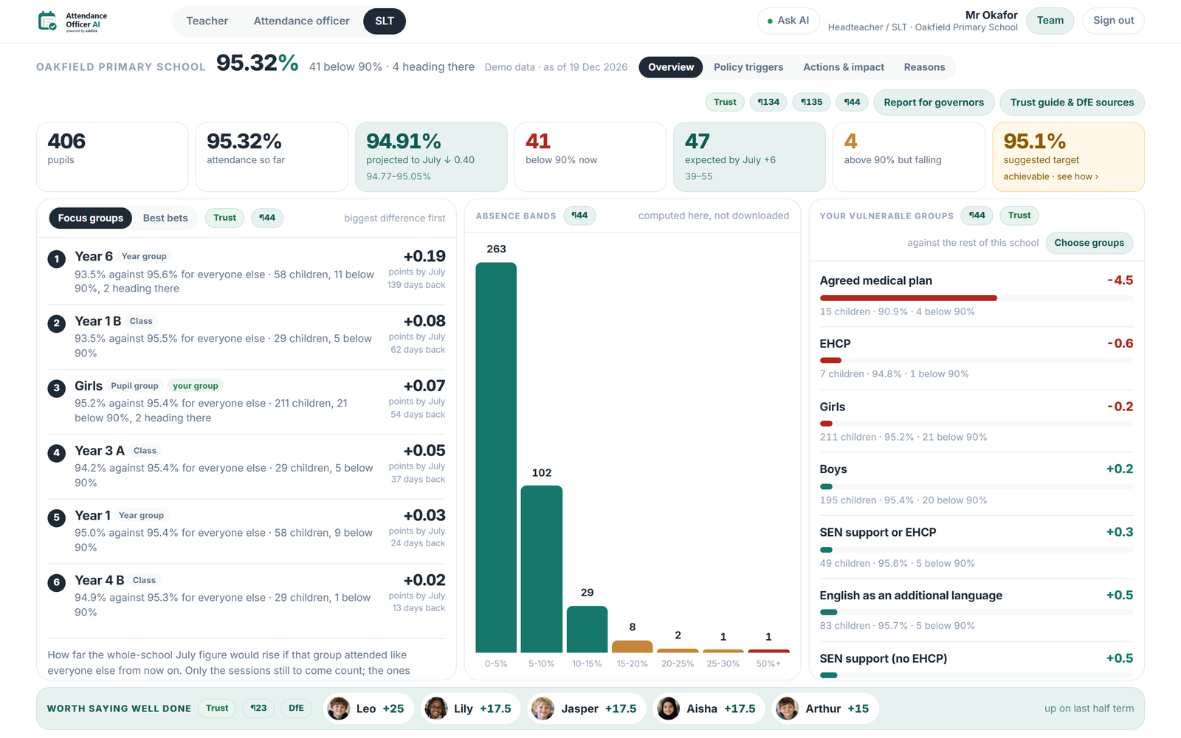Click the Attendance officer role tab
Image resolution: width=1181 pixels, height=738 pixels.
301,21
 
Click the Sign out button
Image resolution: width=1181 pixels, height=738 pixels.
1113,21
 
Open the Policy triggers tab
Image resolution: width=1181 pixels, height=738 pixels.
748,67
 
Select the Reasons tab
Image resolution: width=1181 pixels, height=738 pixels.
924,67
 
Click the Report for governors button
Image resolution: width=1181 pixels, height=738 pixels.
933,103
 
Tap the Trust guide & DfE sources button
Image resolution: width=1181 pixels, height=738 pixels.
1072,103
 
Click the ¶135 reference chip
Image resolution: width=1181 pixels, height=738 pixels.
811,102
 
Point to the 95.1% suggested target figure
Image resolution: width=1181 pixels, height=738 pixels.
1034,141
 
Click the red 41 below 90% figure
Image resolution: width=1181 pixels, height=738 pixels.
538,141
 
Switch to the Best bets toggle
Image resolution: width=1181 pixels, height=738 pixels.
165,218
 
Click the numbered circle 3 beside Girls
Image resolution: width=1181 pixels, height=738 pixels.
56,388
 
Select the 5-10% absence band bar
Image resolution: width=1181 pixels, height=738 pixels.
542,569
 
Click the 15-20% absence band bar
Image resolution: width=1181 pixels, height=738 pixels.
632,646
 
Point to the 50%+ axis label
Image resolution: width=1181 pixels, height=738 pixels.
768,663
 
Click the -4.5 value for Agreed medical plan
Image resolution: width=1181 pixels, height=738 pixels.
1120,280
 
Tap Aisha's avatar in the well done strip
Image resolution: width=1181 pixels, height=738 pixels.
668,708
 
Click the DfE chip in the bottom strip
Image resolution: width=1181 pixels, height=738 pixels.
296,708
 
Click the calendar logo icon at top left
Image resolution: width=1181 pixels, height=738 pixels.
47,21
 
